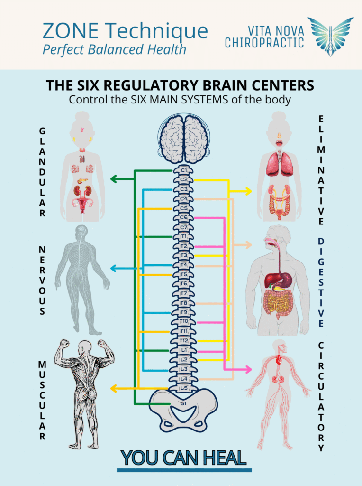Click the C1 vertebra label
point(184,170)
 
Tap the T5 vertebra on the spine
point(184,274)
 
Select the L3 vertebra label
point(184,369)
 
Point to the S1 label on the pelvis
point(183,403)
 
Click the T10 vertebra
point(184,321)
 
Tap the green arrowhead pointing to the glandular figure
point(114,179)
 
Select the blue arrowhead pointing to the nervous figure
point(114,269)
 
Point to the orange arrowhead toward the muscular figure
point(114,389)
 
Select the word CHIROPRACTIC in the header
point(264,43)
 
